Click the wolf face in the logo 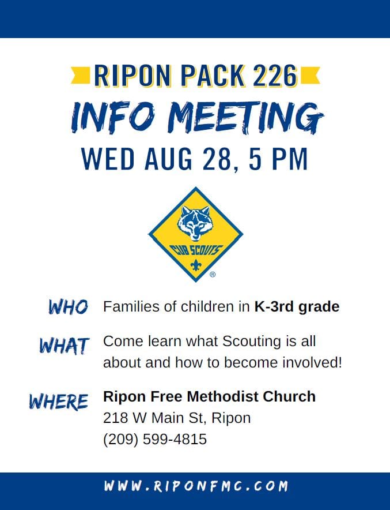[195, 222]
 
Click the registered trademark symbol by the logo [213, 275]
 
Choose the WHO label [68, 307]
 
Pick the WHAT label [64, 346]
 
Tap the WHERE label [59, 400]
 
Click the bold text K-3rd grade [297, 307]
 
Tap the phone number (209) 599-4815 [154, 440]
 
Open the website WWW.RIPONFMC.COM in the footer [195, 486]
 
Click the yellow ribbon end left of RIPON [80, 75]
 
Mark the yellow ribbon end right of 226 [311, 75]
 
